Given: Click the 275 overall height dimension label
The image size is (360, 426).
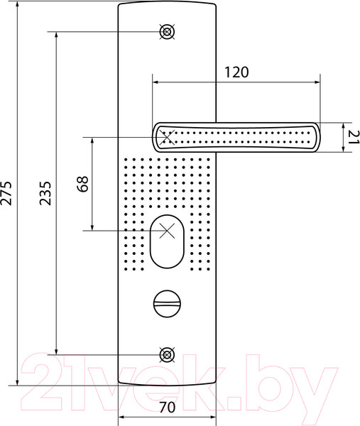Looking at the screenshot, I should pyautogui.click(x=8, y=192).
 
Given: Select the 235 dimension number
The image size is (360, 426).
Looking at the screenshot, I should pyautogui.click(x=45, y=192).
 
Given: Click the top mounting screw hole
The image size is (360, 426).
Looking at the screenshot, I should pyautogui.click(x=168, y=31).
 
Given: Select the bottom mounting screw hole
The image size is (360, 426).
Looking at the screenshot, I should pyautogui.click(x=168, y=354).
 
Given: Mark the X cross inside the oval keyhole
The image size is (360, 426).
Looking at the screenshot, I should pyautogui.click(x=168, y=231).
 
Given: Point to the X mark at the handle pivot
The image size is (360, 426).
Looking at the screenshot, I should pyautogui.click(x=168, y=136).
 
